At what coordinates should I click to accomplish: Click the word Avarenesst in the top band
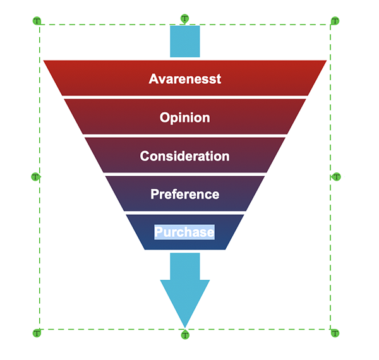pos(185,79)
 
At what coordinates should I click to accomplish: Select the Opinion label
pos(184,117)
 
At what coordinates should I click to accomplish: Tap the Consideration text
pos(184,156)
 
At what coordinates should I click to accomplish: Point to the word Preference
pos(184,194)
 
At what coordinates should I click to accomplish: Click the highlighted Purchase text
pos(184,232)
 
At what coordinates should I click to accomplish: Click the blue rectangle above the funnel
pos(184,42)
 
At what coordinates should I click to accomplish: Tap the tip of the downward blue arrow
pos(184,323)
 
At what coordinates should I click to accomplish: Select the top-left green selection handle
pos(37,21)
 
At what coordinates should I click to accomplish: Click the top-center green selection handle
pos(184,19)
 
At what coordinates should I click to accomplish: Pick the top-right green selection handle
pos(335,21)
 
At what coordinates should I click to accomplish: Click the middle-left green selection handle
pos(36,177)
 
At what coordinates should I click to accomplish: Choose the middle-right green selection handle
pos(336,177)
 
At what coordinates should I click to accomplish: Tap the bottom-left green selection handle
pos(37,333)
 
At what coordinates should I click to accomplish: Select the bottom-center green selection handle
pos(185,335)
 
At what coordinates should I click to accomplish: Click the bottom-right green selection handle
pos(335,333)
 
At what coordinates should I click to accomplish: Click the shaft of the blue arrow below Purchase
pos(184,265)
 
